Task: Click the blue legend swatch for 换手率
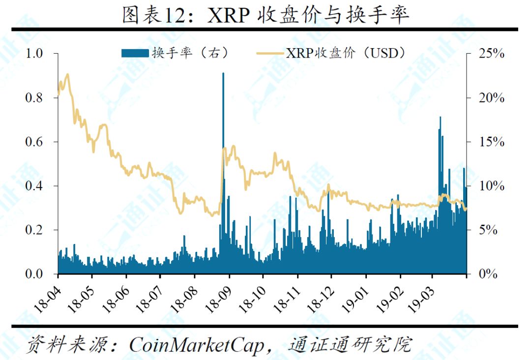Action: click(x=135, y=53)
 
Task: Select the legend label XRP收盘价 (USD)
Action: click(x=346, y=53)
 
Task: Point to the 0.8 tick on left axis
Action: click(x=34, y=98)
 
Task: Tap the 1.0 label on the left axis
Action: click(x=34, y=54)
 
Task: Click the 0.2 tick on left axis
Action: click(x=34, y=230)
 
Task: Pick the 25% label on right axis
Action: click(x=491, y=54)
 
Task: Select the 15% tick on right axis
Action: click(x=491, y=142)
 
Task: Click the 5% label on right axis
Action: click(x=488, y=230)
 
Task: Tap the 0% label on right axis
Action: click(x=488, y=274)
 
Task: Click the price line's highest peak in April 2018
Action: click(x=67, y=74)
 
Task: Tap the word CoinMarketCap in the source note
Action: click(x=197, y=345)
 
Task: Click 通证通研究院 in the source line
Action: click(x=350, y=345)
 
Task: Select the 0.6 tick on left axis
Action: click(x=34, y=142)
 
